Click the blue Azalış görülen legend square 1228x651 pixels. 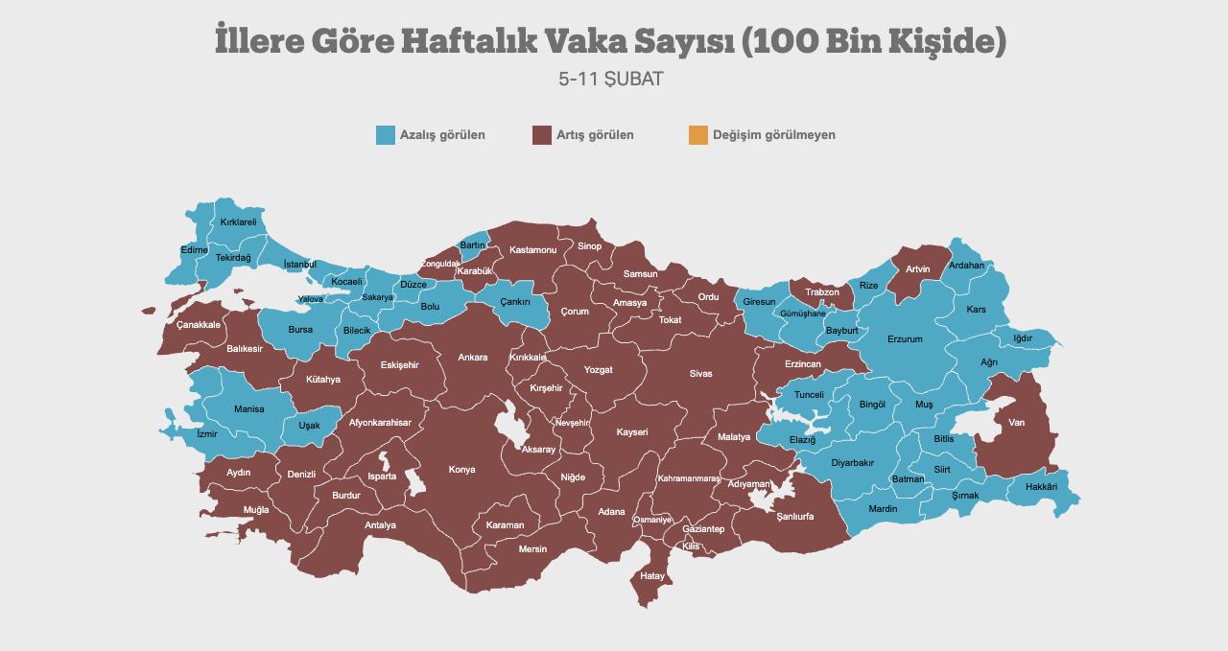[386, 135]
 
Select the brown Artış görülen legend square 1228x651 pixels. [542, 135]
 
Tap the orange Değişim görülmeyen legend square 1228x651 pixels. [697, 135]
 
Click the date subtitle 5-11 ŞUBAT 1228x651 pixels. [611, 79]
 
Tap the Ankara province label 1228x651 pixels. [472, 358]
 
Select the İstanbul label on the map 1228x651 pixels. [299, 265]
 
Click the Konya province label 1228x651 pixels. [461, 470]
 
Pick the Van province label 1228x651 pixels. [1016, 423]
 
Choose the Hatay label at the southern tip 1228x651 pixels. [651, 576]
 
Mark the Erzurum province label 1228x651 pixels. [905, 339]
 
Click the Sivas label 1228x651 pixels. [700, 374]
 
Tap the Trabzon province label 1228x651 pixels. [821, 292]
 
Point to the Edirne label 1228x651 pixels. [194, 250]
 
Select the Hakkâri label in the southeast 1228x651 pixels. [1041, 487]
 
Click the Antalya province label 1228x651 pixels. [380, 525]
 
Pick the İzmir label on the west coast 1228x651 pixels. [206, 434]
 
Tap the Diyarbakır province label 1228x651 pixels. [852, 463]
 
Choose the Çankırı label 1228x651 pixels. [515, 302]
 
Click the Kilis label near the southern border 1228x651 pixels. [691, 546]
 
